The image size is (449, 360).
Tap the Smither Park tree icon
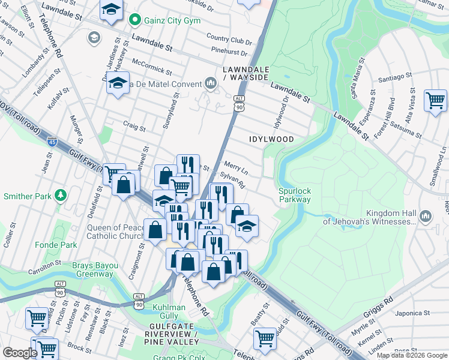tap(60, 196)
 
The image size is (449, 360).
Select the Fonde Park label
tap(59, 245)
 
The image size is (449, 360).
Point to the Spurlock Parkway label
tap(295, 195)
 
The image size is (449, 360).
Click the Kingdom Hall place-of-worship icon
tap(426, 215)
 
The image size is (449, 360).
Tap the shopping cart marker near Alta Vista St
tap(435, 100)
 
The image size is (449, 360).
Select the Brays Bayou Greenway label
tap(93, 270)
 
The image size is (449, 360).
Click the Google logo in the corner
tap(20, 353)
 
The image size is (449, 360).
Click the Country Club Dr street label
tap(229, 41)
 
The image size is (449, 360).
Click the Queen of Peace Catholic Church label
tap(116, 232)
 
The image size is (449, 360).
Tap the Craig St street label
tap(134, 127)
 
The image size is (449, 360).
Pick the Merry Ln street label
tap(235, 166)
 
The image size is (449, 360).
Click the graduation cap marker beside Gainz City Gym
tap(112, 10)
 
